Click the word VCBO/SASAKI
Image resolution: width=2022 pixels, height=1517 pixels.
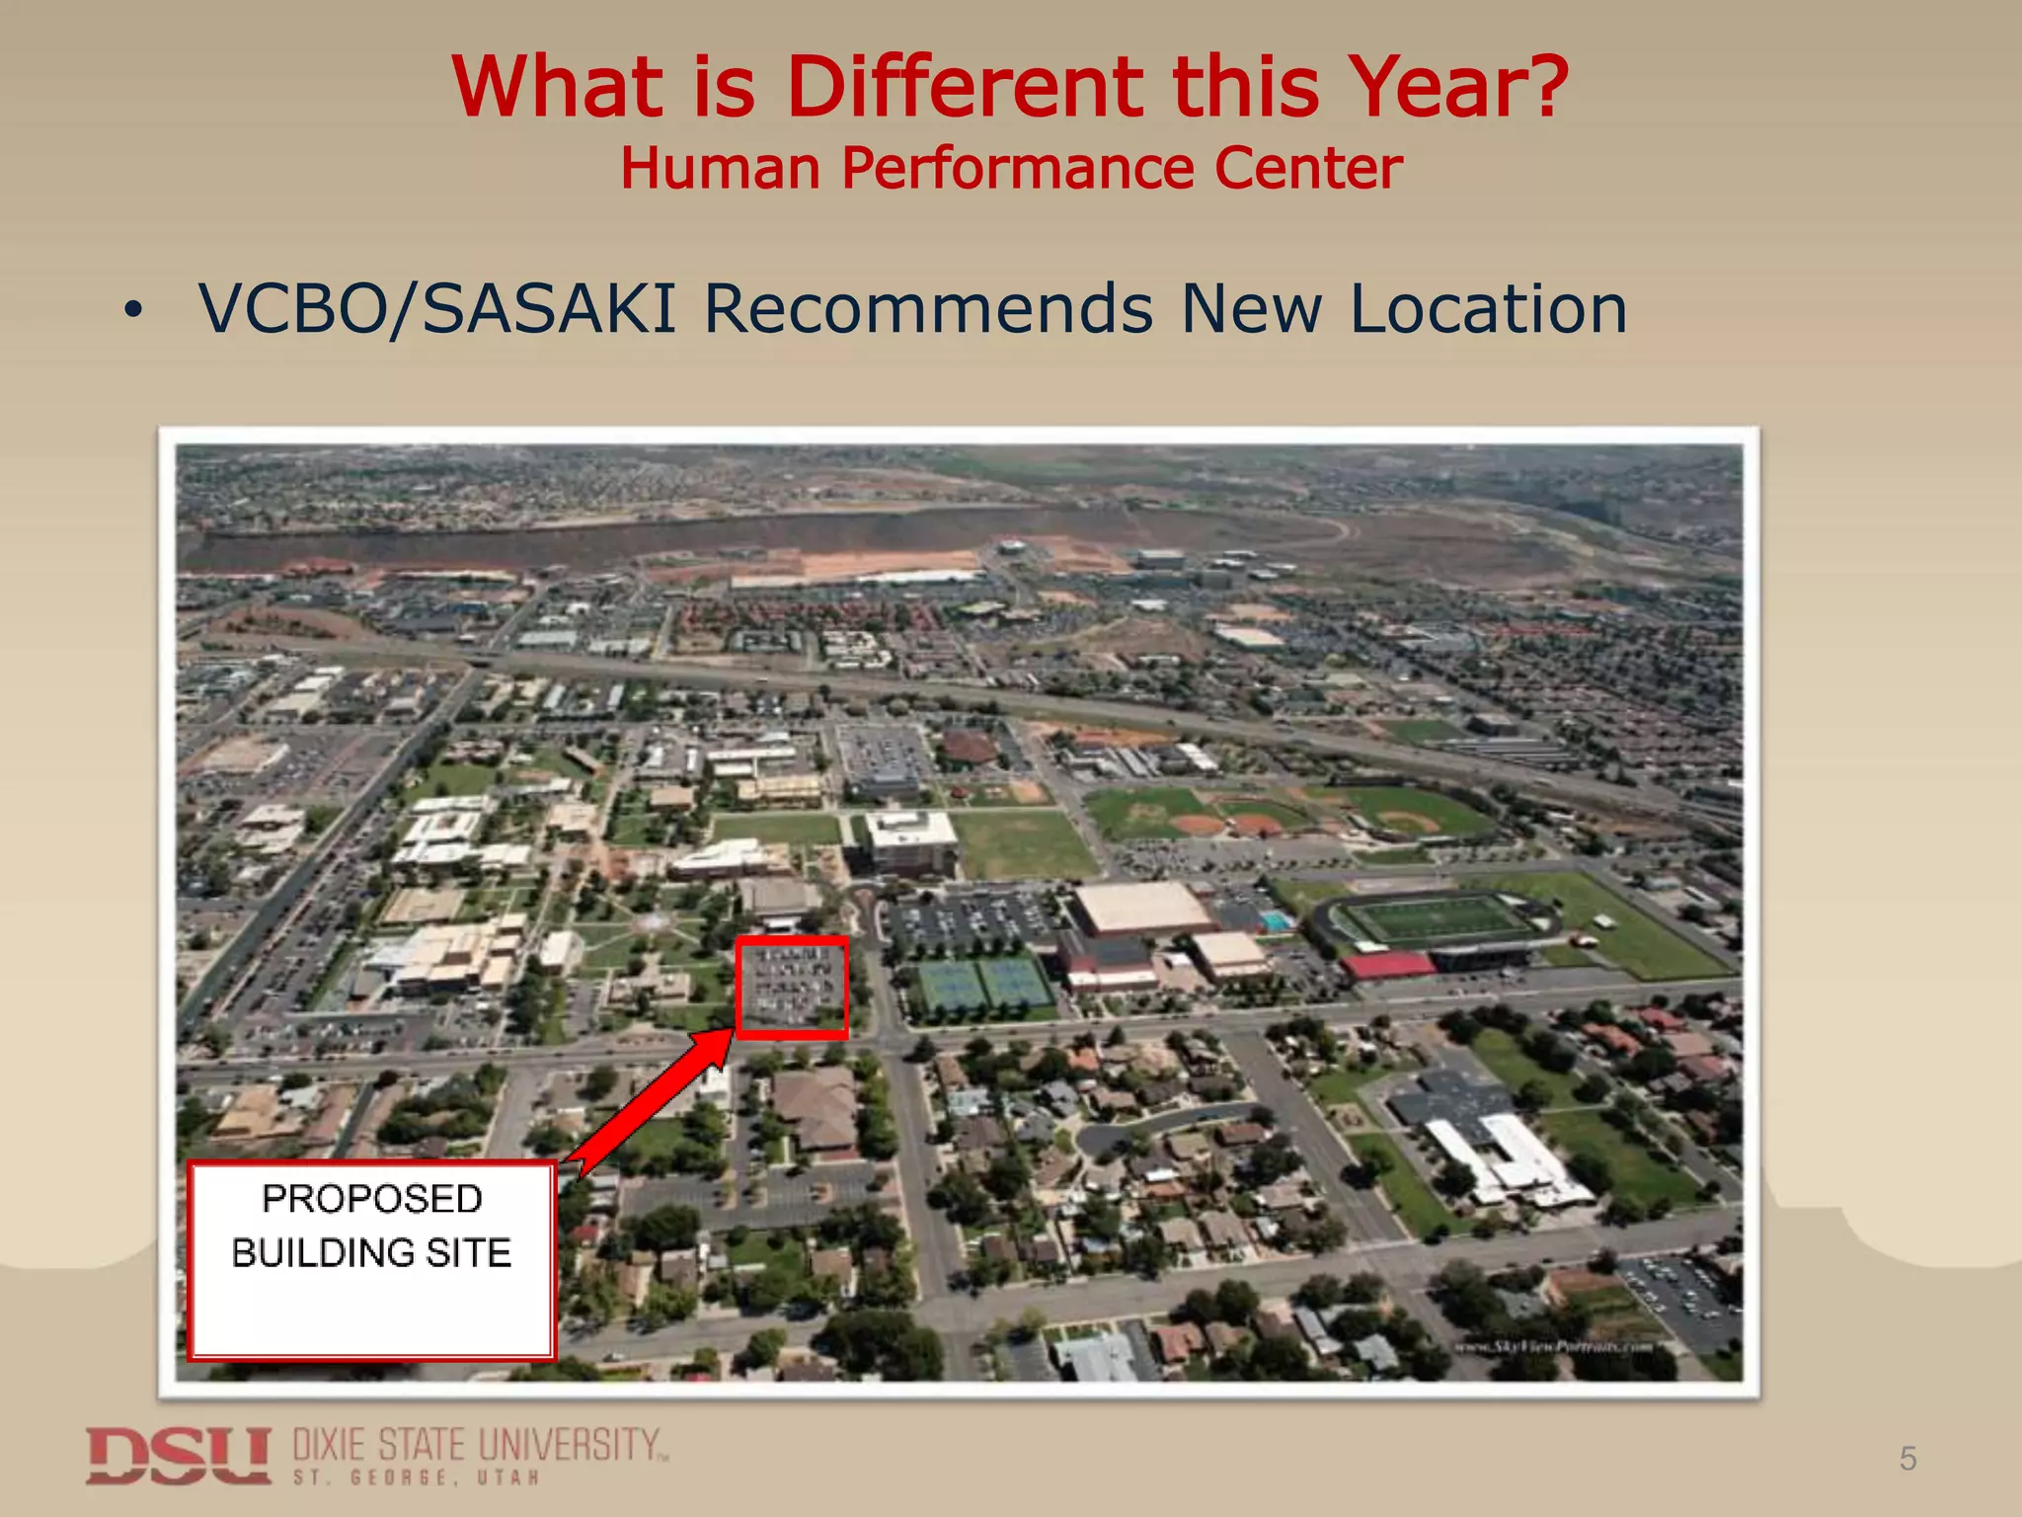point(437,309)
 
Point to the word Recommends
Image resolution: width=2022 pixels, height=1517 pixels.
point(928,309)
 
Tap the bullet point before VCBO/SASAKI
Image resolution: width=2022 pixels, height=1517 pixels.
point(132,312)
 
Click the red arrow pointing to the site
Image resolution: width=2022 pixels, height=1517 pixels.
point(657,1096)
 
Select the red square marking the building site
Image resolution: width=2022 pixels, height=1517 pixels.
point(792,988)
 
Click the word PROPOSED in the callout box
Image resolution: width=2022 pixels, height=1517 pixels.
point(372,1199)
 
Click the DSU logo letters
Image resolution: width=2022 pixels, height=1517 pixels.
point(178,1455)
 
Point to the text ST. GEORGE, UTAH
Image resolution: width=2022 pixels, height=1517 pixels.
point(416,1478)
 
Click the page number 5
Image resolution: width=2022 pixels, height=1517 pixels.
point(1907,1459)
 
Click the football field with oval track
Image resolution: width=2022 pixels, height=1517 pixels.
point(1437,919)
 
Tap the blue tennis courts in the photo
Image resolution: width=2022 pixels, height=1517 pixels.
point(983,984)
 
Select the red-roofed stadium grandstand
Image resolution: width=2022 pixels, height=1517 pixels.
point(1387,965)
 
